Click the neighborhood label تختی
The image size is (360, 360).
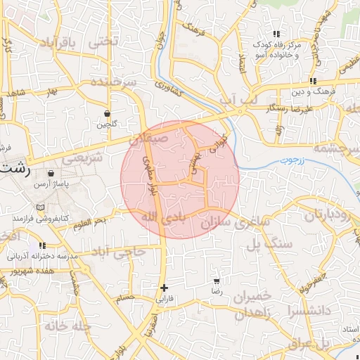pos(103,41)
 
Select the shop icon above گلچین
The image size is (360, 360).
pos(107,113)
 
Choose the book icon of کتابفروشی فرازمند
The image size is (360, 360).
pos(40,207)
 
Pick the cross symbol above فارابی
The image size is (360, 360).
pos(165,287)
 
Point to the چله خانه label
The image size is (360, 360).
pos(67,326)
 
